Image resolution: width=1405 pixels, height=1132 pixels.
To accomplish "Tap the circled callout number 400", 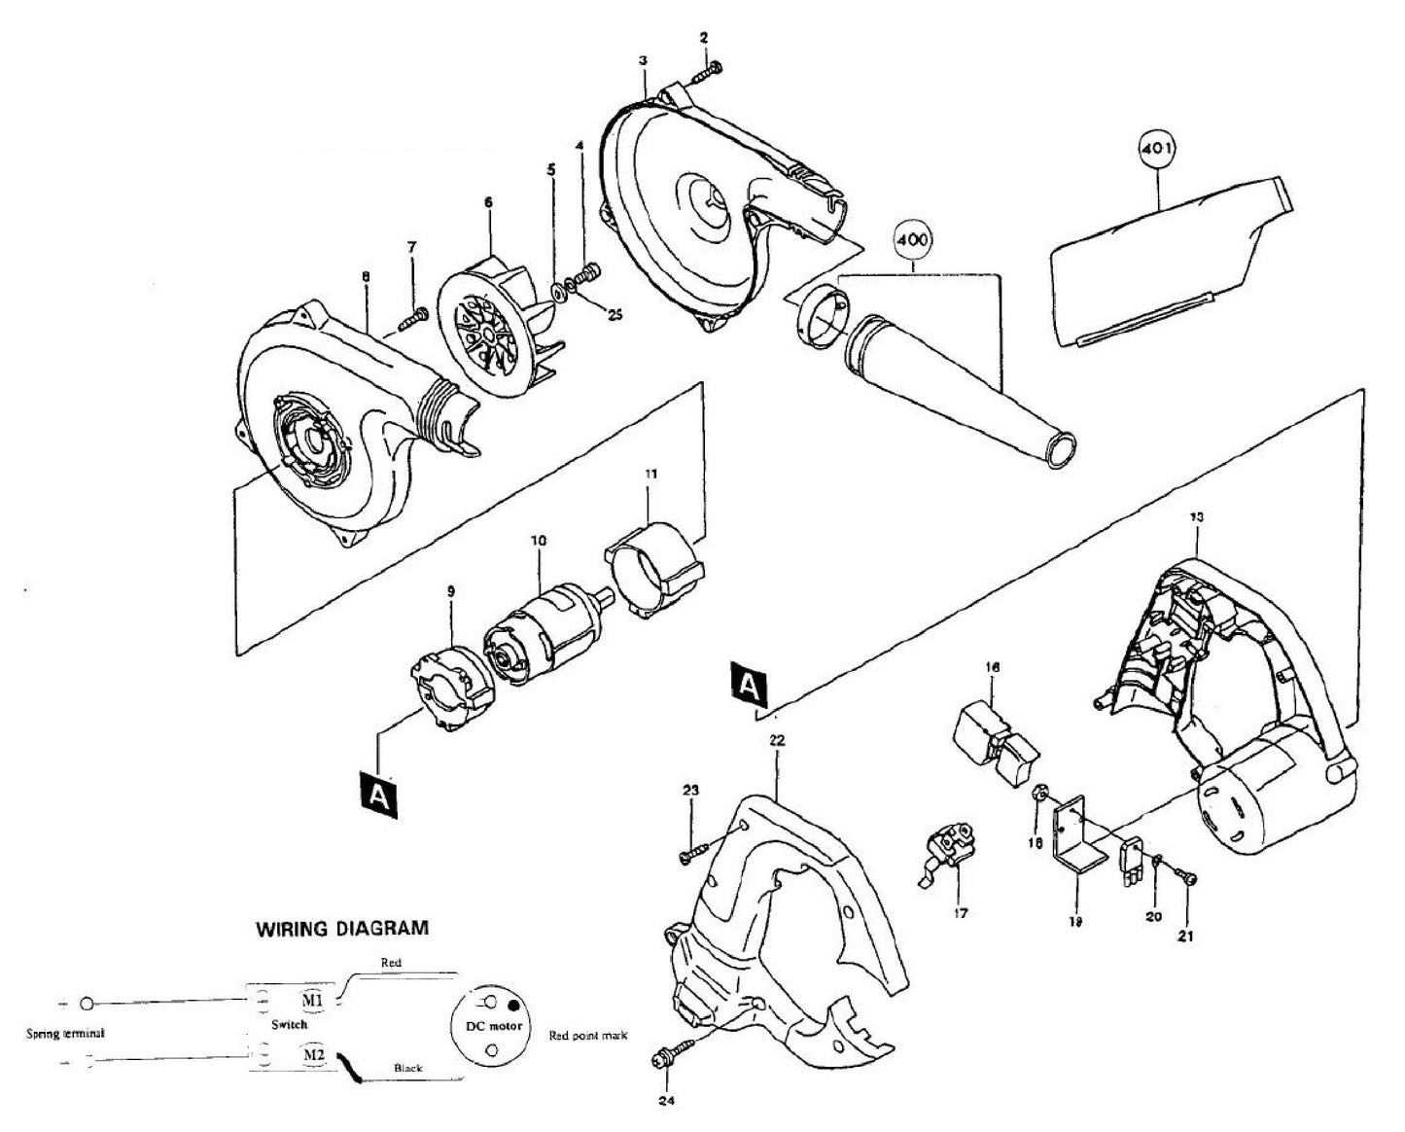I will (x=913, y=239).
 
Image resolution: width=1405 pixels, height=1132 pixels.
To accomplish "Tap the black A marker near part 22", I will (x=747, y=686).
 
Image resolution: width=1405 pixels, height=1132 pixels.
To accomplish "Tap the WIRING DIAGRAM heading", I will (x=341, y=928).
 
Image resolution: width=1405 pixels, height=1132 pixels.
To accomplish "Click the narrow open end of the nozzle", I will (x=1059, y=449).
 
